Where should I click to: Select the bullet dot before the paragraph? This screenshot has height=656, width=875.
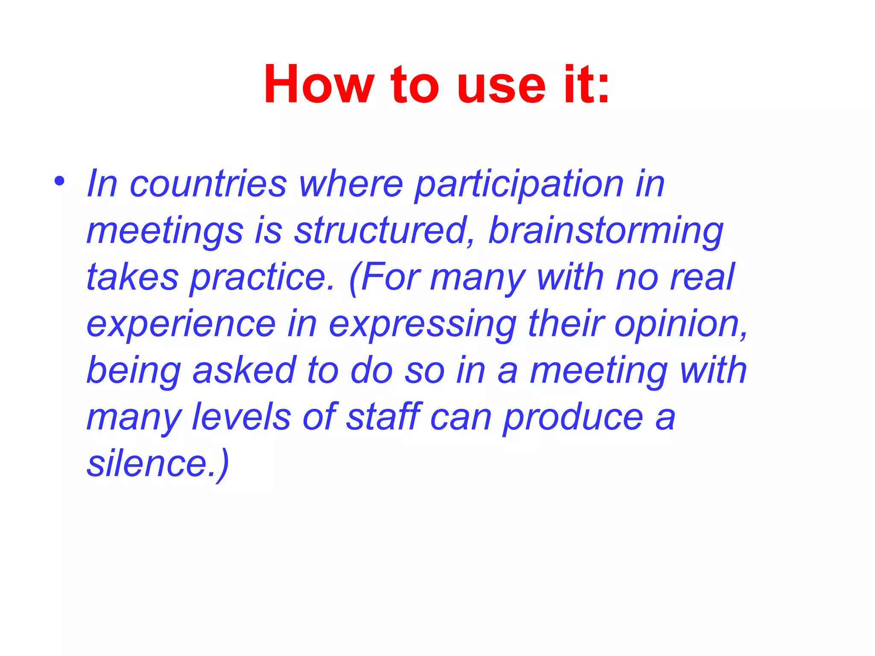(59, 182)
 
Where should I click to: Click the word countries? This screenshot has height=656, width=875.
(208, 184)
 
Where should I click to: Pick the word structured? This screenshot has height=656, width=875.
(381, 231)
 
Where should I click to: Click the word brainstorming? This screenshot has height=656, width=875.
(605, 231)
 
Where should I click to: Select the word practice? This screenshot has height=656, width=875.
(261, 278)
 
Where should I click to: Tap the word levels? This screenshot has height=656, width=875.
(241, 417)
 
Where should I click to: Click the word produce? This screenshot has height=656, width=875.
(573, 417)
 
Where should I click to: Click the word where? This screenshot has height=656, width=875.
(350, 184)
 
